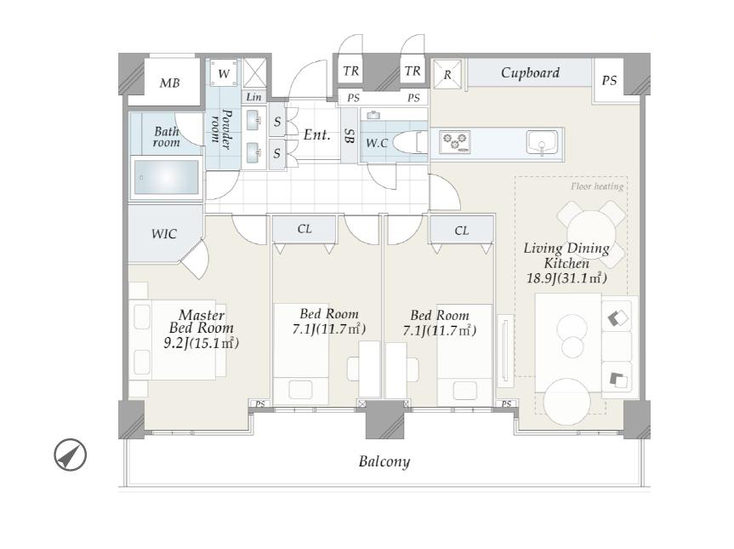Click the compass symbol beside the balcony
point(71,455)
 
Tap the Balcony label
point(384,462)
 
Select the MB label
point(169,83)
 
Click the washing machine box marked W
point(224,73)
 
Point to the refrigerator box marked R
point(447,74)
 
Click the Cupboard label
point(530,72)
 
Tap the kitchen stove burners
point(455,141)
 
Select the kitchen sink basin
point(542,142)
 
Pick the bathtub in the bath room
point(166,178)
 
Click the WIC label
point(164,234)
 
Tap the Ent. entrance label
point(317,134)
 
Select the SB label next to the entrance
point(349,136)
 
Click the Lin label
point(253,97)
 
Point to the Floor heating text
point(597,186)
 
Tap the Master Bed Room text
point(202,322)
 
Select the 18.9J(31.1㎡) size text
point(567,278)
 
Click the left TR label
point(350,71)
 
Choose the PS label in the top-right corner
point(609,81)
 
